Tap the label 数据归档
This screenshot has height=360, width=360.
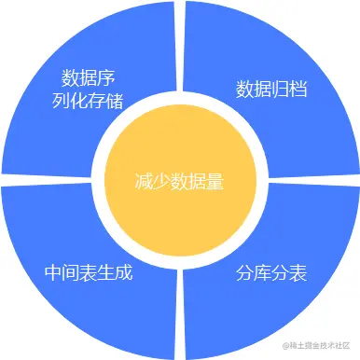tap(272, 90)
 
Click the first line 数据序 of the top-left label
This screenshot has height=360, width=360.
tap(90, 76)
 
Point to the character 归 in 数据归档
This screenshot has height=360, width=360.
tap(282, 90)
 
